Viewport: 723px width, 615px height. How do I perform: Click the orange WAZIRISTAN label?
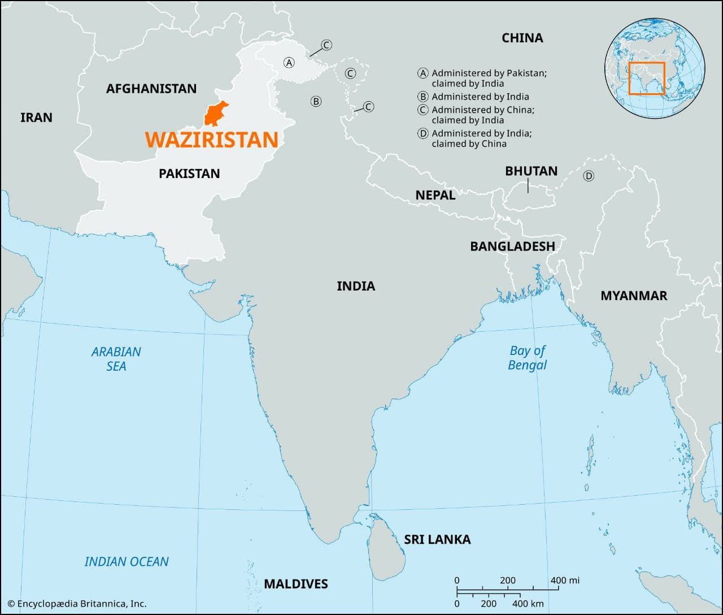coord(211,140)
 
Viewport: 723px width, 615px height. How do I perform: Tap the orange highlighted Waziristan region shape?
coord(215,114)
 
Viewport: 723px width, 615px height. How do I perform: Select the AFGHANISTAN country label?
coord(151,89)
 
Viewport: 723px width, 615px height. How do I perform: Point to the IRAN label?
coord(36,118)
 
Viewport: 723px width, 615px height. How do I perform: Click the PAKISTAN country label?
coord(189,174)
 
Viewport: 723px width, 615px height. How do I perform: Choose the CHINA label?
coord(522,38)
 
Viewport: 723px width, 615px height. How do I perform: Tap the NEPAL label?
coord(435,195)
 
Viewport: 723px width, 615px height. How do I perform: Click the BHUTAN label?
coord(531,171)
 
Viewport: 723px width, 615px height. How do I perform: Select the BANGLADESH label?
coord(512,246)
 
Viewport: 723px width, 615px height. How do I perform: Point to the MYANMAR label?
coord(634,296)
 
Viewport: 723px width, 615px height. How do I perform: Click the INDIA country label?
coord(356,286)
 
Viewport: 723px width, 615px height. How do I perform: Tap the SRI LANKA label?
coord(437,540)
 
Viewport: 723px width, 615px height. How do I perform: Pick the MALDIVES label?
coord(296,584)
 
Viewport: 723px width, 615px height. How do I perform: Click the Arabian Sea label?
coord(116,359)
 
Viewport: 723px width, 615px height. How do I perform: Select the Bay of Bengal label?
coord(528,358)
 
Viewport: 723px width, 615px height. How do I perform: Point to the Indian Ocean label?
coord(127,562)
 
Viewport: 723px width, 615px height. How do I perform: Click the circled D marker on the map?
coord(589,176)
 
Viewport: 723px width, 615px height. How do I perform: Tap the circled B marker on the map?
coord(316,102)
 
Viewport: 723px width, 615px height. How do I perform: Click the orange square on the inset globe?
coord(647,78)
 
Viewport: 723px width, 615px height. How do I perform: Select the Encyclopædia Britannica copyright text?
coord(77,604)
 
